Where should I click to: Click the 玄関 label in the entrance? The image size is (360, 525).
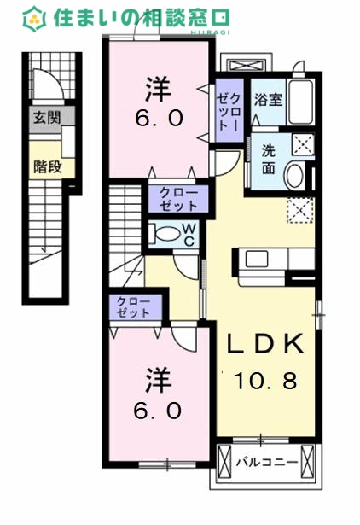pyautogui.click(x=47, y=119)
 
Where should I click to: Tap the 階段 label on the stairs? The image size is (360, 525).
pyautogui.click(x=47, y=166)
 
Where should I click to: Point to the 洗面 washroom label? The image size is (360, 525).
pyautogui.click(x=268, y=156)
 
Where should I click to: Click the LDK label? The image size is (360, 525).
pyautogui.click(x=264, y=344)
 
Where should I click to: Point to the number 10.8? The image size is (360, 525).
pyautogui.click(x=264, y=381)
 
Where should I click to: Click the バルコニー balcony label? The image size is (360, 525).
pyautogui.click(x=266, y=463)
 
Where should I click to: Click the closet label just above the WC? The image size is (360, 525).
pyautogui.click(x=177, y=199)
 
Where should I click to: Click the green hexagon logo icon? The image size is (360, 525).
pyautogui.click(x=35, y=17)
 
